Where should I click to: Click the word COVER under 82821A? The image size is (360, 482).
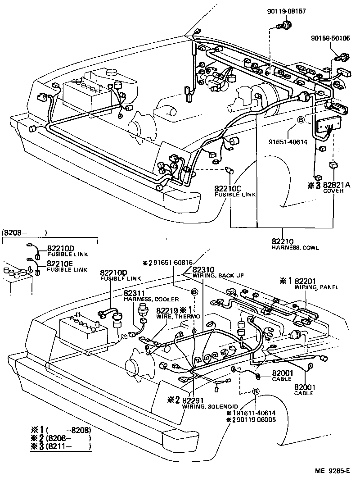tap(333, 191)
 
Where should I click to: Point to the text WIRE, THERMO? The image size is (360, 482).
tap(173, 316)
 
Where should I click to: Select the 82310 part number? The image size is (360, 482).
tap(204, 269)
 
